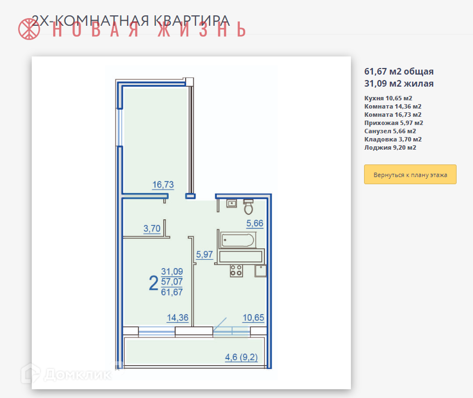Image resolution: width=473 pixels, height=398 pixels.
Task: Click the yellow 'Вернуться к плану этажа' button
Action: (410, 174)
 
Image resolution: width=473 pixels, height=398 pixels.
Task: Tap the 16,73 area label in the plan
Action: (163, 185)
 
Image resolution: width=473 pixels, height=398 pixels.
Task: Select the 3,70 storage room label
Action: (152, 228)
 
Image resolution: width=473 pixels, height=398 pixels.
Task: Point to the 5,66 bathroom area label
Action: (255, 223)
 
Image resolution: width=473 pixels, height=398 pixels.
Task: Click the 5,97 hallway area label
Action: (204, 254)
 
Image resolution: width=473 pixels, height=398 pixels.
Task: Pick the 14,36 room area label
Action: (177, 317)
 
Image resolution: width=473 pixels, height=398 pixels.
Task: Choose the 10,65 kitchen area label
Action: (253, 317)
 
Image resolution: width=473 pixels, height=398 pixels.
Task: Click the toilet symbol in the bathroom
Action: (248, 207)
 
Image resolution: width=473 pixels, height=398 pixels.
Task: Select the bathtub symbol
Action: (238, 240)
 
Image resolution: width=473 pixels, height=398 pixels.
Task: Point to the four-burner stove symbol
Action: (236, 271)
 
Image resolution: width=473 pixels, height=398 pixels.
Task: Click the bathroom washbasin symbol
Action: (232, 203)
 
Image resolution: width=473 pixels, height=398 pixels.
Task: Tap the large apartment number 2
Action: (153, 283)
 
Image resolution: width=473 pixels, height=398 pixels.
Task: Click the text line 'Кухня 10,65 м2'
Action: (388, 98)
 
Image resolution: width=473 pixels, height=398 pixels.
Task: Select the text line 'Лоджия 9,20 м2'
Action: (390, 147)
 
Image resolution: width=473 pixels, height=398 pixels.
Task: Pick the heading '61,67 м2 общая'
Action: (399, 72)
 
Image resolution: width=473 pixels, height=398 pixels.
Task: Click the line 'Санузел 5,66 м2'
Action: (390, 131)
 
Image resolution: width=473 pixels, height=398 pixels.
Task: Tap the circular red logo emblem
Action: (29, 29)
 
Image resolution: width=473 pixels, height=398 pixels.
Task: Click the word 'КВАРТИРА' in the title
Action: (192, 20)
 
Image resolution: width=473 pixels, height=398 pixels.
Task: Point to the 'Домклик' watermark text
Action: (77, 374)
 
